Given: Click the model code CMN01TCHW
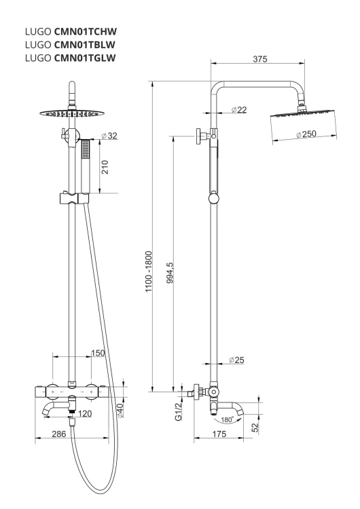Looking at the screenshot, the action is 86,31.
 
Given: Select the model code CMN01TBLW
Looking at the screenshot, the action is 85,45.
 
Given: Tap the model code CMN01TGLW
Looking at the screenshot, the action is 85,58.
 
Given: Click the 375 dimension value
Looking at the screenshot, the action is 260,59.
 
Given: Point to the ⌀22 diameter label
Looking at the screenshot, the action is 239,110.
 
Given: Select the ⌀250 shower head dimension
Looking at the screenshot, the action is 306,134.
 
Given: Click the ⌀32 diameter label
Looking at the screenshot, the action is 109,136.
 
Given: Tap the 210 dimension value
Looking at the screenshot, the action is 105,167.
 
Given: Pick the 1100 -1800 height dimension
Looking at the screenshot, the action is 149,271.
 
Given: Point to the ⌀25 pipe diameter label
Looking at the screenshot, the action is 236,360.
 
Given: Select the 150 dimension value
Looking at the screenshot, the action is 98,353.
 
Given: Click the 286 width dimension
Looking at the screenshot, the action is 59,434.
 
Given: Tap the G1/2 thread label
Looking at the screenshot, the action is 179,412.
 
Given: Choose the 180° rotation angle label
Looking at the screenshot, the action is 228,419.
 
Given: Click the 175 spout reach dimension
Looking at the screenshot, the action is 219,434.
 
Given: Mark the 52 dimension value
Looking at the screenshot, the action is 255,428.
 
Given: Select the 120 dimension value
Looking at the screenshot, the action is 85,414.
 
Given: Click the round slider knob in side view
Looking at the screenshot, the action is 213,198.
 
